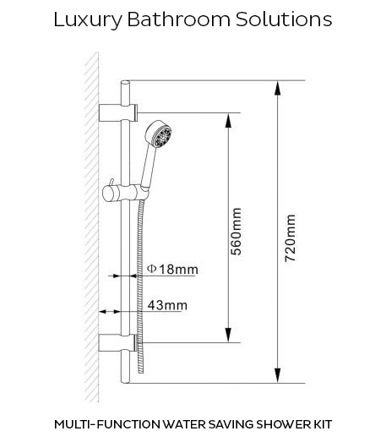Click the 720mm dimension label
coord(291,238)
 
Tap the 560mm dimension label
coord(236,232)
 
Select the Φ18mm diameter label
coord(172,270)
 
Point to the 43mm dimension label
coord(167,305)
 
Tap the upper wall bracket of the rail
coord(118,112)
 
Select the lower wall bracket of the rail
coord(118,343)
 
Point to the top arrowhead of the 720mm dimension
coord(278,88)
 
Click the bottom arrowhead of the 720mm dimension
coord(278,376)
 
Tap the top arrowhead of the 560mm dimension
coord(229,120)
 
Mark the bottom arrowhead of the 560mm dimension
coord(229,336)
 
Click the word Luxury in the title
coord(88,20)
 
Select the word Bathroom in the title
coord(179,19)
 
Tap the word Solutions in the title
coord(284,19)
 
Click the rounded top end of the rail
coord(125,82)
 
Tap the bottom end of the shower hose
coord(141,372)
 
